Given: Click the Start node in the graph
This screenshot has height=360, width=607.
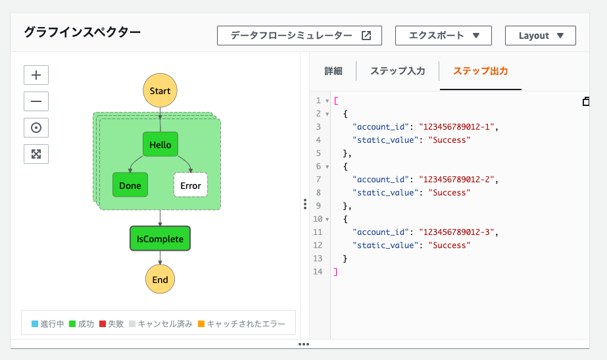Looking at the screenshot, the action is click(x=160, y=91).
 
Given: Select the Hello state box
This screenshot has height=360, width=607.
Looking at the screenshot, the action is click(x=160, y=145).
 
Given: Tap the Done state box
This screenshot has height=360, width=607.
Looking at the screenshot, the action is click(x=130, y=185).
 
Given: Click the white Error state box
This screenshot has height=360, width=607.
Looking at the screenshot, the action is click(x=191, y=185).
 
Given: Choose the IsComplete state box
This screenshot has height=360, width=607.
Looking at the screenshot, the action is click(x=160, y=239).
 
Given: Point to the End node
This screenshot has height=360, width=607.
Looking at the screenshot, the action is click(x=160, y=280).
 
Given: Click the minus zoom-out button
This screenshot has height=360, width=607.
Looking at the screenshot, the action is click(x=36, y=101).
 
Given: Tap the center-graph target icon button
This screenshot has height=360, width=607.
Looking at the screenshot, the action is click(x=36, y=128).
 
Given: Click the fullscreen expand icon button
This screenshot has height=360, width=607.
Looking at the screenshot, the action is click(x=36, y=154).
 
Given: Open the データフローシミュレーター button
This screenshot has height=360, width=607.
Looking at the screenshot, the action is click(x=299, y=36).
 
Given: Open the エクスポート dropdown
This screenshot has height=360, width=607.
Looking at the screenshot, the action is click(x=443, y=36).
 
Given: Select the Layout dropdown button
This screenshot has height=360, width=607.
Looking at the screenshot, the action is click(x=541, y=36).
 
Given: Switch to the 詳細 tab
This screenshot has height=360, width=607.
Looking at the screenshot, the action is click(x=333, y=71).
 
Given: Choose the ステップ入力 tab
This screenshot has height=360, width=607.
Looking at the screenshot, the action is click(x=398, y=71).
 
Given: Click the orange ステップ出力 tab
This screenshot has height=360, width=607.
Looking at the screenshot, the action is click(x=481, y=71).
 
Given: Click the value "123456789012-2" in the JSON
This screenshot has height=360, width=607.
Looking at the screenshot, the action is click(x=457, y=180).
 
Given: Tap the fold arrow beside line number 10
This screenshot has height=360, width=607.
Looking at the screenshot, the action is click(x=327, y=219).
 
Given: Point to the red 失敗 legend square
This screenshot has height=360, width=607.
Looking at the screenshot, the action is click(x=103, y=324).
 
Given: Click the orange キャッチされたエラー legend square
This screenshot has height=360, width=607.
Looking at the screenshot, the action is click(x=201, y=324).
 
